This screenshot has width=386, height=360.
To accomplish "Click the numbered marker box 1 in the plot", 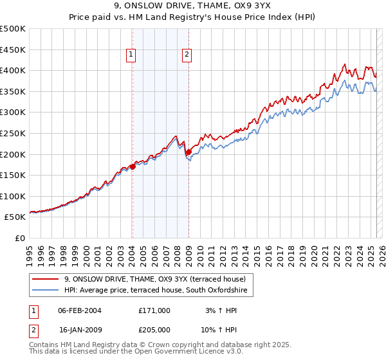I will click(x=131, y=55).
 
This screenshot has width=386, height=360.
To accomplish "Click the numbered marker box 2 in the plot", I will click(x=187, y=55).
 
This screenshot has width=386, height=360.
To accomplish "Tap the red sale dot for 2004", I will click(x=133, y=166).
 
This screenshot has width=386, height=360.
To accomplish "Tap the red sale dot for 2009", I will click(x=188, y=152).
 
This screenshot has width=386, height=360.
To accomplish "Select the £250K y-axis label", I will click(x=13, y=133).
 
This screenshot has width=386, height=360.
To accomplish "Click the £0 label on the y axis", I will click(x=19, y=238).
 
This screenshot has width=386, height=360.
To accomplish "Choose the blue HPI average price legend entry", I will click(x=159, y=291).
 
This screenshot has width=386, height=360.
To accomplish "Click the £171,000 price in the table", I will click(x=154, y=310).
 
